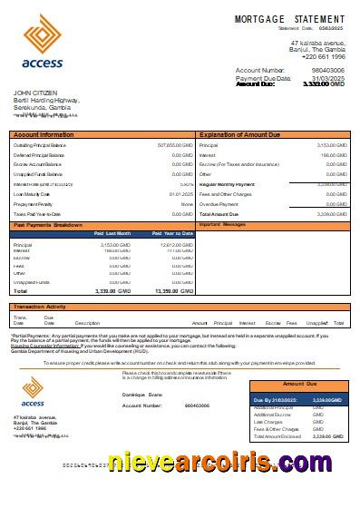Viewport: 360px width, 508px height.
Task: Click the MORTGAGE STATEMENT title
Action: [289, 19]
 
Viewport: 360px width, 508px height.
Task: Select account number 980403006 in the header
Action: [327, 70]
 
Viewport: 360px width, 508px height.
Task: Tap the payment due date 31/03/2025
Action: [327, 78]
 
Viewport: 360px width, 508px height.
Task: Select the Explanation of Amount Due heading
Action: [240, 135]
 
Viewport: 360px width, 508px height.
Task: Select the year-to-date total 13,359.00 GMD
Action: [173, 291]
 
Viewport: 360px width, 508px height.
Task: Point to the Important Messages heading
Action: [222, 223]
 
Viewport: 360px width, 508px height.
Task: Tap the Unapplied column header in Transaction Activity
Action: [316, 323]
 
